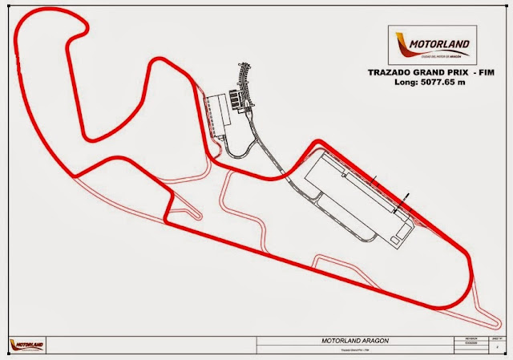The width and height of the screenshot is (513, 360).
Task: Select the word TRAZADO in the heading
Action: [390, 73]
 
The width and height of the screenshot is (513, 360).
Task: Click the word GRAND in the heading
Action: [427, 73]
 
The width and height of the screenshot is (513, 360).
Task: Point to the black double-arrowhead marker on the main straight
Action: [406, 196]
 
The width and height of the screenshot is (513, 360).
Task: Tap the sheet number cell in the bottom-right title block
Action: [489, 340]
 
